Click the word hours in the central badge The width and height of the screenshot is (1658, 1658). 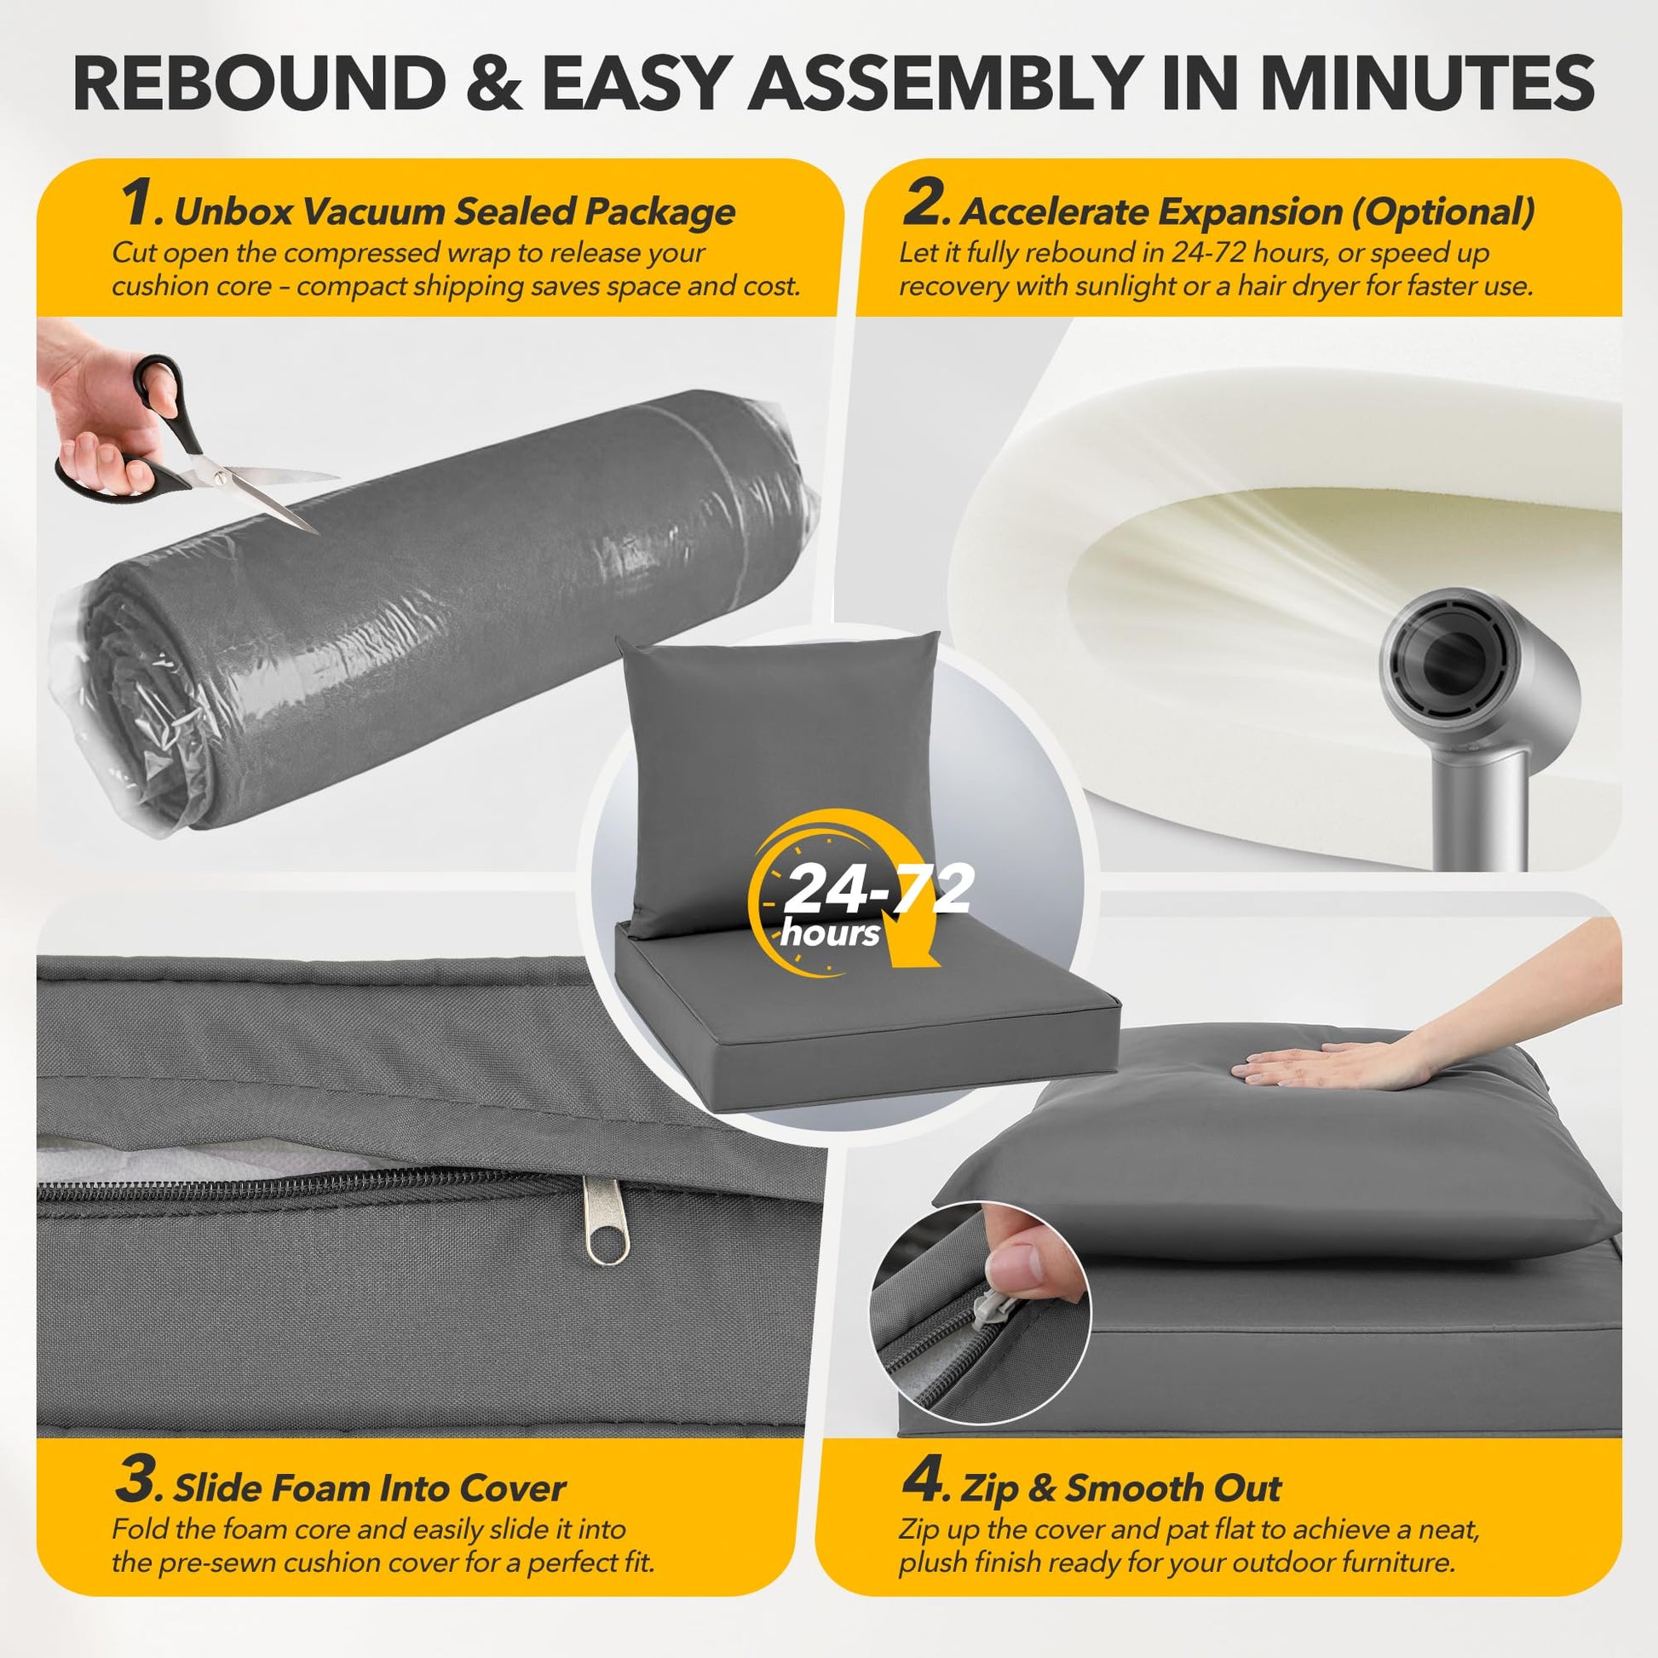point(830,933)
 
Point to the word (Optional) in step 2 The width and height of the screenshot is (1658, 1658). point(1442,212)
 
